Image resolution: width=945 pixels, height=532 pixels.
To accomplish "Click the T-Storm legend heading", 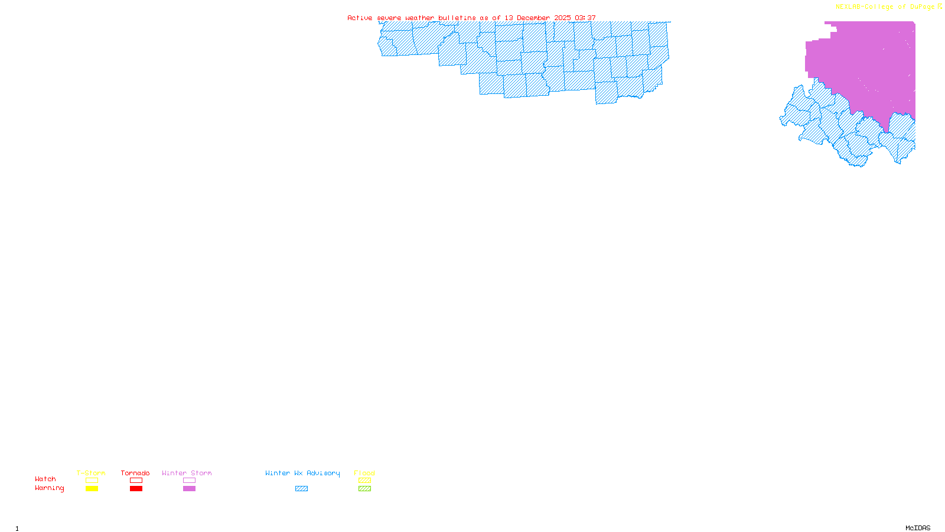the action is pos(91,473).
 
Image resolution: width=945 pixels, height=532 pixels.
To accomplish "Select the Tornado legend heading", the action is pos(135,473).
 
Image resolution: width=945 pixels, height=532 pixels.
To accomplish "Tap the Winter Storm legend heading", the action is pos(187,473).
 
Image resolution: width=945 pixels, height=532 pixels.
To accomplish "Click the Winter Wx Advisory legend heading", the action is pos(302,473).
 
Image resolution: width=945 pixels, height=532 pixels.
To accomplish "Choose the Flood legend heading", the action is pos(364,473).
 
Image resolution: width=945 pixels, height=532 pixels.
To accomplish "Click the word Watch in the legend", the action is pos(45,479).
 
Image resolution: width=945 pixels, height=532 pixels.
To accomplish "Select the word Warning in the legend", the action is pos(50,488).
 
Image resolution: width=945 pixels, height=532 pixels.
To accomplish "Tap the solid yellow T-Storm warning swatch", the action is pos(92,489).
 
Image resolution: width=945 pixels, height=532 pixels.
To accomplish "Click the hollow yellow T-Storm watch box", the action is pos(92,481).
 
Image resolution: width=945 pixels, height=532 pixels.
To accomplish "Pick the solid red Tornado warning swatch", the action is pos(136,489).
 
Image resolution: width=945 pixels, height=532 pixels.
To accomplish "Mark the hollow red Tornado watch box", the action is pos(136,481).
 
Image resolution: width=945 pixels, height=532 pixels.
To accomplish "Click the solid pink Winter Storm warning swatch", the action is pos(189,489).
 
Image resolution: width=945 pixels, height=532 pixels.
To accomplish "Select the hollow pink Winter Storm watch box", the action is pos(189,481).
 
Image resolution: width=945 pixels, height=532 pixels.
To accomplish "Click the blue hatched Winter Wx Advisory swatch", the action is pos(301,489).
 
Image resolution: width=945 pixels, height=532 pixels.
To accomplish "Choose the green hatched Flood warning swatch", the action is pos(364,489).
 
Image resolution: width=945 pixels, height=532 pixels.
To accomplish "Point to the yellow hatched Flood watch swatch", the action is pos(364,481).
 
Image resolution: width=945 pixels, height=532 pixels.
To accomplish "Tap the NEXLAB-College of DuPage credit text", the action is pos(885,7).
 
